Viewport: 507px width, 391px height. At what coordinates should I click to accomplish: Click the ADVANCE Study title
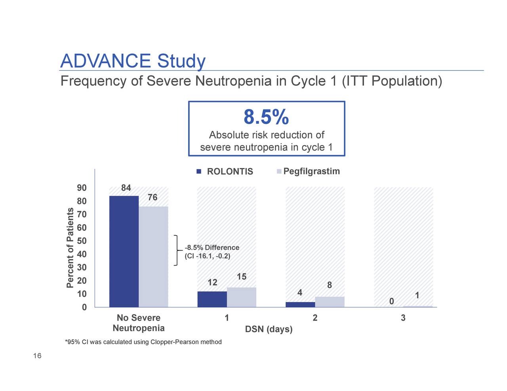tap(133, 61)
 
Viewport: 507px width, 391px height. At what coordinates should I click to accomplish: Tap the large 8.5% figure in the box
tap(266, 117)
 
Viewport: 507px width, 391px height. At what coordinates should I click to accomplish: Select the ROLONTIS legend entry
tap(225, 172)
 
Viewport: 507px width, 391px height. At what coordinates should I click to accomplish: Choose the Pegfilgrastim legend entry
tap(308, 171)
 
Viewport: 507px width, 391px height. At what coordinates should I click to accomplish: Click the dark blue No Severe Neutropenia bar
tap(124, 251)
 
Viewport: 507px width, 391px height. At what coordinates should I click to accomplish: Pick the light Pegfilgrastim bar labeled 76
tap(153, 257)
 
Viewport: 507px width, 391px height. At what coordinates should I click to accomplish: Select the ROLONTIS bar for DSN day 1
tap(212, 299)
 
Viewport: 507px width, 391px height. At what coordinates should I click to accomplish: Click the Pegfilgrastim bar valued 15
tap(242, 297)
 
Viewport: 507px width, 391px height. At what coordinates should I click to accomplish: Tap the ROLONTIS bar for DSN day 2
tap(300, 304)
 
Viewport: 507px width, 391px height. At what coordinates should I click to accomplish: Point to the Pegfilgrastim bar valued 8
tap(330, 302)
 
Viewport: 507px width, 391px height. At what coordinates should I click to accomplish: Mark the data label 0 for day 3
tap(391, 302)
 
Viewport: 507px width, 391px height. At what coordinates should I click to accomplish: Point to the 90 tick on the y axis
tap(82, 188)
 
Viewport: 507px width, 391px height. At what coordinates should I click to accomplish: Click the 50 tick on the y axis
tap(82, 241)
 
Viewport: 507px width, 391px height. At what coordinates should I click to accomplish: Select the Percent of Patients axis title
tap(70, 247)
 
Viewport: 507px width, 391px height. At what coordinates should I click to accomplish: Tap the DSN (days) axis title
tap(269, 329)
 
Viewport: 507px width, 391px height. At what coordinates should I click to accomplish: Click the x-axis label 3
tap(403, 318)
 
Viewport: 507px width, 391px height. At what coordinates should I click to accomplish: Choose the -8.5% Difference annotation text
tap(212, 248)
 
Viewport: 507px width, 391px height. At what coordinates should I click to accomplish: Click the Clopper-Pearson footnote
tap(143, 342)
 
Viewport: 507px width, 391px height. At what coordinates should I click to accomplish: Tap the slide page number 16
tap(37, 357)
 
